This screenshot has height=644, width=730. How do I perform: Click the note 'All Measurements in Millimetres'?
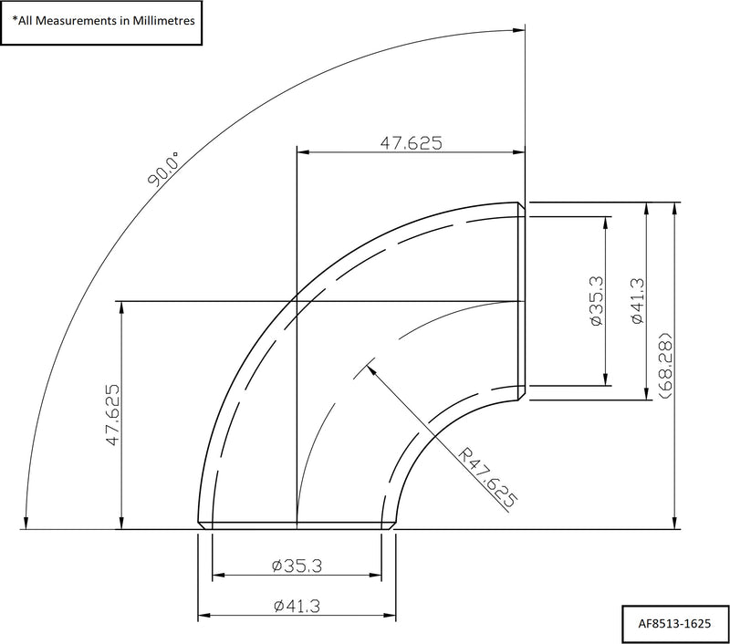102,18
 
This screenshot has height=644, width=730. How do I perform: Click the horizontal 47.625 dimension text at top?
411,141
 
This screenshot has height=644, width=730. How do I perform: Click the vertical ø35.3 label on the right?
596,302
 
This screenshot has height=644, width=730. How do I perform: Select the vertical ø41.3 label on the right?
638,302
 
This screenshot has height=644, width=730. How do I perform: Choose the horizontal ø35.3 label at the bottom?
297,566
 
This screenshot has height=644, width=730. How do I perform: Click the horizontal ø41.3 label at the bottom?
297,605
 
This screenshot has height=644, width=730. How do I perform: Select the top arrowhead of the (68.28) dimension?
674,207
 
